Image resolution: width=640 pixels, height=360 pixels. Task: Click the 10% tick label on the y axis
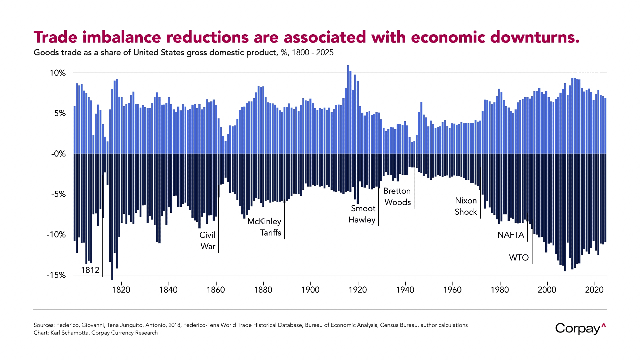[x=58, y=73]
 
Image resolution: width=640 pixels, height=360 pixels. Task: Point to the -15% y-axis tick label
[x=56, y=275]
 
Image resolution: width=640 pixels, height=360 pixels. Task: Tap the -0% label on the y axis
[x=59, y=154]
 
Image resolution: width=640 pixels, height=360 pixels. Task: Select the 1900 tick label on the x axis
[x=310, y=290]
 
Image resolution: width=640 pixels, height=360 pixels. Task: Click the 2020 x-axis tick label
[x=594, y=290]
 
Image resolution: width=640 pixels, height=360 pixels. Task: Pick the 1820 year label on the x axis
[x=121, y=290]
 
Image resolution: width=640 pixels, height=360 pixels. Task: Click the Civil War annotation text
[x=208, y=241]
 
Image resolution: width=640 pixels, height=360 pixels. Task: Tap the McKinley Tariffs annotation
[x=265, y=227]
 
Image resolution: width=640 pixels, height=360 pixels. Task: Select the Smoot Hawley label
[x=362, y=214]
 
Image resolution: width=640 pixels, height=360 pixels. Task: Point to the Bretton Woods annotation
[x=397, y=196]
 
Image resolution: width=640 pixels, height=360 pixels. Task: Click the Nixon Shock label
[x=466, y=206]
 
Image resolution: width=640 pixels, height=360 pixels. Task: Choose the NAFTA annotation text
[x=511, y=235]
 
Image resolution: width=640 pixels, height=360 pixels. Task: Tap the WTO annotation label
[x=519, y=258]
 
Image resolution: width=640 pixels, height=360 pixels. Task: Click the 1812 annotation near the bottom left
[x=90, y=270]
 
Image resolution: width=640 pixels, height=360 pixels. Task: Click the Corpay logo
[x=580, y=329]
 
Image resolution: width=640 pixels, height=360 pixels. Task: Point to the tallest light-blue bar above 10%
[x=348, y=69]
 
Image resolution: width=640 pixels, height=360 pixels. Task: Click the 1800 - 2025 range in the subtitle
[x=313, y=52]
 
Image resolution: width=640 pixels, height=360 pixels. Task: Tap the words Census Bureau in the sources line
[x=399, y=325]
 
